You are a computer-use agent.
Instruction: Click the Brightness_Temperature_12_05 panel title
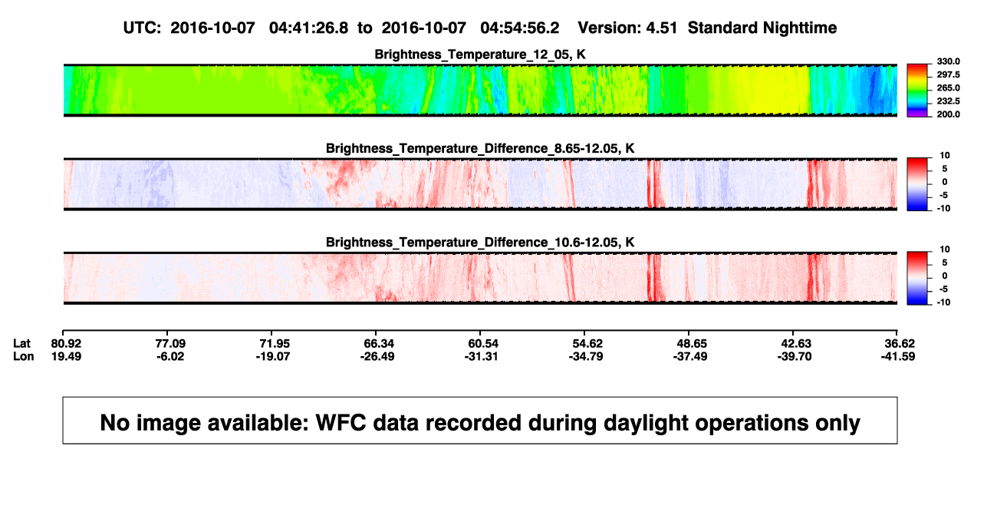point(480,55)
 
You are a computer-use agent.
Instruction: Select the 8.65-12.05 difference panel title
point(480,148)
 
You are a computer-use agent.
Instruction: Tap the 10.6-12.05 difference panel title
point(480,243)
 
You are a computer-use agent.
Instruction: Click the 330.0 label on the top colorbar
point(948,61)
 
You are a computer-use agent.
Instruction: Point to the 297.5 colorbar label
point(948,74)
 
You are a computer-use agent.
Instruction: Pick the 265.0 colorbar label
point(948,88)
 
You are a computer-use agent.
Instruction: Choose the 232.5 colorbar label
point(948,101)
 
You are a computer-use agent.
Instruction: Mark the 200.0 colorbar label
point(948,114)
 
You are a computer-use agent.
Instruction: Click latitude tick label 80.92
point(66,344)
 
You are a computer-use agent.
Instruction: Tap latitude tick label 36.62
point(900,344)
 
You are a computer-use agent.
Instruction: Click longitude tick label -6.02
point(170,356)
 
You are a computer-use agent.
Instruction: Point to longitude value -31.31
point(481,356)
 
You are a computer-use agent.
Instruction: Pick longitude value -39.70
point(795,356)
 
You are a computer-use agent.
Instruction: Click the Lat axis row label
point(21,344)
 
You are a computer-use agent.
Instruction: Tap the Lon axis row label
point(23,356)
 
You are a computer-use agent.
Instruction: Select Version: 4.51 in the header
point(627,28)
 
